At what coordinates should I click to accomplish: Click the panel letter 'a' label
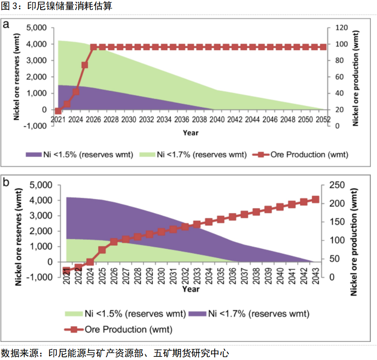click(6, 24)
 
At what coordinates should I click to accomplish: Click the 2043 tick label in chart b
click(316, 277)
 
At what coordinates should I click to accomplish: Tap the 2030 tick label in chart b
click(161, 277)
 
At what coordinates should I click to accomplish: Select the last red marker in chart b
click(316, 199)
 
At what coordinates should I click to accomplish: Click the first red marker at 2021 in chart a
click(58, 111)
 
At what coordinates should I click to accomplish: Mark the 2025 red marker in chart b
click(102, 250)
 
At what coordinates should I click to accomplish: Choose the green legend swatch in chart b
click(73, 314)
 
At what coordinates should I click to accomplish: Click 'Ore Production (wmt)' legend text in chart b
click(128, 329)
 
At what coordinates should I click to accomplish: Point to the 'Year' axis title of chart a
click(191, 132)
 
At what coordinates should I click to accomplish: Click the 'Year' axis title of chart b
click(191, 289)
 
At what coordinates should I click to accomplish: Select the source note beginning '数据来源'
click(115, 353)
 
